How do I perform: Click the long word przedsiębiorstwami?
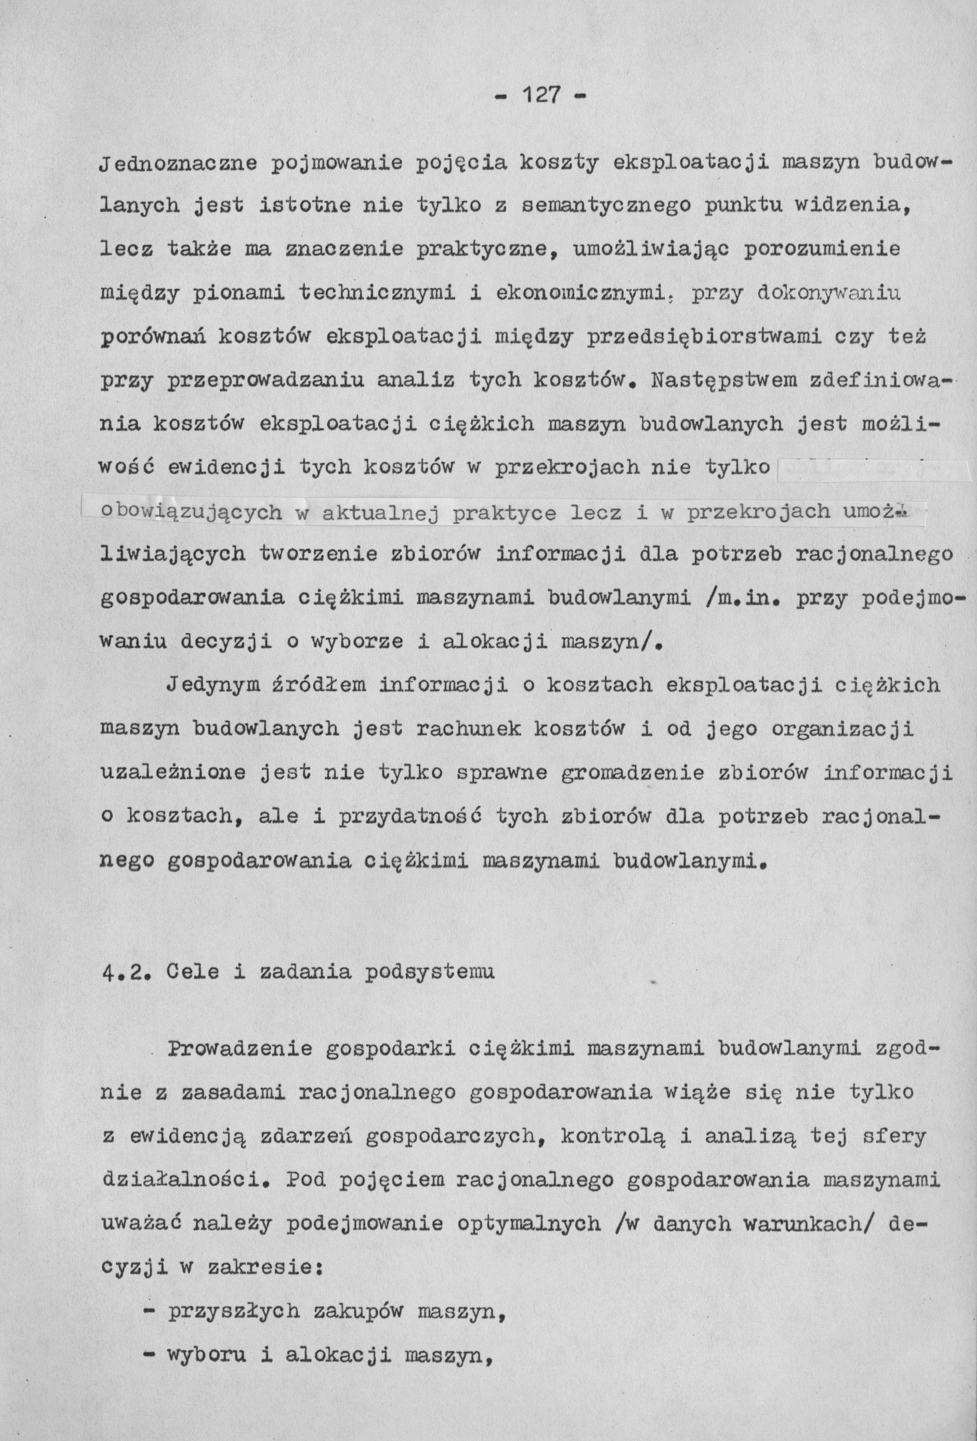click(x=698, y=337)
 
